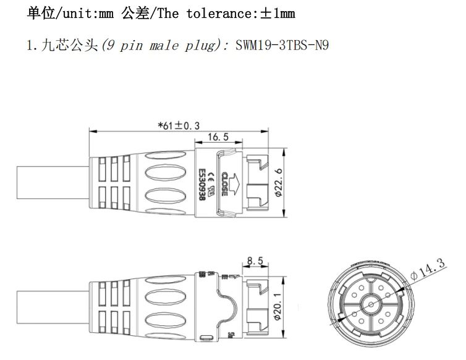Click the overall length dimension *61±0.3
click(179, 125)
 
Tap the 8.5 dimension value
click(254, 261)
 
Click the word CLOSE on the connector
click(221, 183)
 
